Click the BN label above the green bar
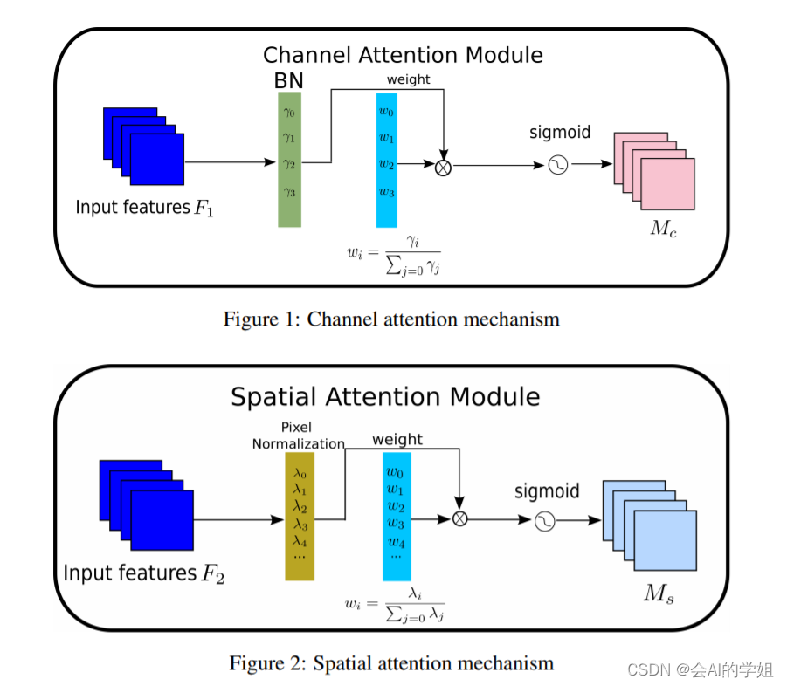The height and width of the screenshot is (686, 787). (x=288, y=81)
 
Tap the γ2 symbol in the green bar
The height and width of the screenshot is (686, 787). (x=289, y=164)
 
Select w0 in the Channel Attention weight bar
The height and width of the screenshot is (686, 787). (x=386, y=111)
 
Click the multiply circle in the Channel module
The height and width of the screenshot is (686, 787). (x=443, y=168)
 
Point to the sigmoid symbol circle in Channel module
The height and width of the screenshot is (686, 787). (x=557, y=164)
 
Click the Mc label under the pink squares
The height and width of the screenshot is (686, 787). (x=664, y=228)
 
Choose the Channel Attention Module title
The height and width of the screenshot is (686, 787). (x=403, y=55)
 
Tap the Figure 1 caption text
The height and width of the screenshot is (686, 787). (x=391, y=319)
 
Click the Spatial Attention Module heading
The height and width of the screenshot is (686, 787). (x=385, y=396)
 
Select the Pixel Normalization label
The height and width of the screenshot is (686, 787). (x=298, y=436)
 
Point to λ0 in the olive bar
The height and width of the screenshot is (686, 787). (x=300, y=472)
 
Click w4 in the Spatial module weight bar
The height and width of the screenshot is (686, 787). (x=396, y=542)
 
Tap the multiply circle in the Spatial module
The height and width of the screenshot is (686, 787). (x=459, y=519)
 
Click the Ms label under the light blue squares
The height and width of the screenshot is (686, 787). (x=659, y=593)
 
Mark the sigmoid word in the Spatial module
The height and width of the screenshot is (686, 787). (x=547, y=491)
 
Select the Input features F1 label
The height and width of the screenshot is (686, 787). (x=144, y=208)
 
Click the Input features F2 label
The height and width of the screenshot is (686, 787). (x=143, y=573)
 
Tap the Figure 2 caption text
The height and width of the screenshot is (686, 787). (x=391, y=663)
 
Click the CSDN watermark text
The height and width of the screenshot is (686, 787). (x=701, y=670)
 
